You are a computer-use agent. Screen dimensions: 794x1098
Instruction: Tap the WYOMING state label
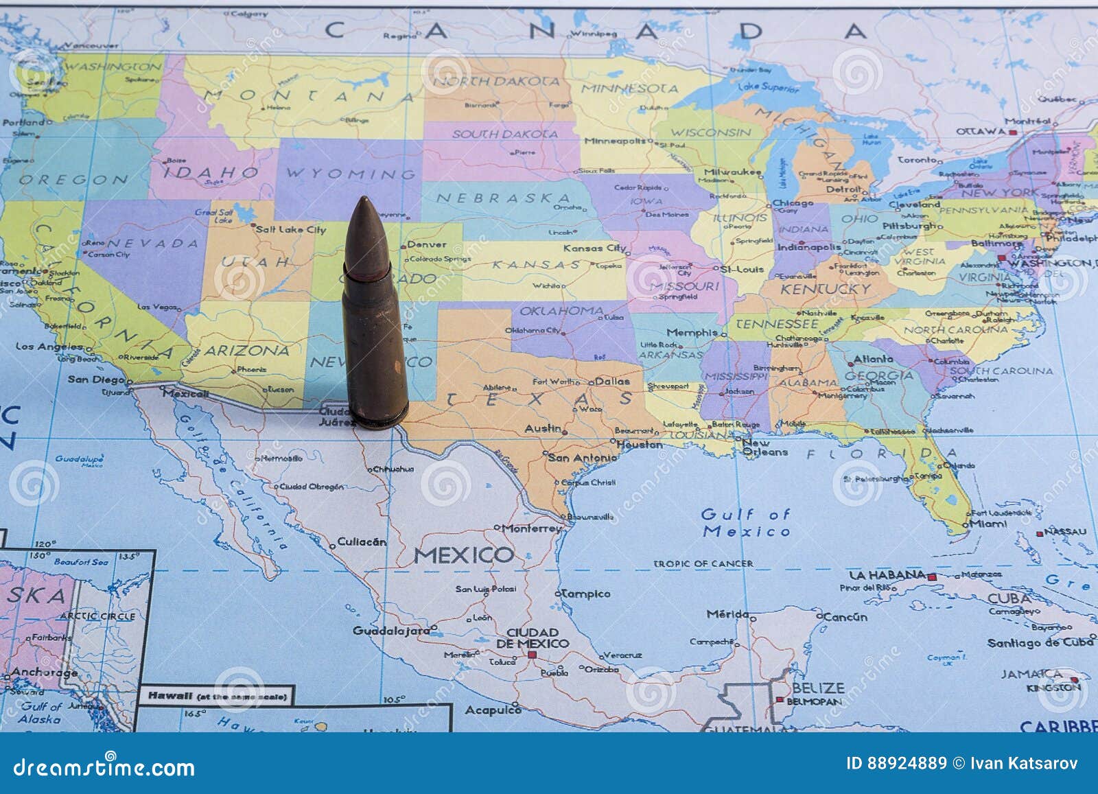click(x=351, y=174)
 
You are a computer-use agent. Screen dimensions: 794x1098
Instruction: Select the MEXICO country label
click(x=464, y=554)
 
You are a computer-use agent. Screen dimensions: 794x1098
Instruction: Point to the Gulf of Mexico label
click(x=746, y=522)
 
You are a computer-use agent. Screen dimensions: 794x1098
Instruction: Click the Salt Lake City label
click(x=291, y=230)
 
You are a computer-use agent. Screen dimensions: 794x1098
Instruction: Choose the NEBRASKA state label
click(x=504, y=198)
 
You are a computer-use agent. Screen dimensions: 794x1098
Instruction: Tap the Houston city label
click(x=640, y=445)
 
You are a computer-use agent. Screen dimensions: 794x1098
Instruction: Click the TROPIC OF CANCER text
click(x=703, y=563)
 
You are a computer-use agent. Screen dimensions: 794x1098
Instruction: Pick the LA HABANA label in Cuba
click(x=887, y=575)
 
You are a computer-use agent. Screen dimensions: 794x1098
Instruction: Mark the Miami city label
click(x=988, y=524)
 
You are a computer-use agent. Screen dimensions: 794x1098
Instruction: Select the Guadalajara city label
click(x=390, y=631)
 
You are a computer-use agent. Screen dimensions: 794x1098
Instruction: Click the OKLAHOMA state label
click(x=561, y=311)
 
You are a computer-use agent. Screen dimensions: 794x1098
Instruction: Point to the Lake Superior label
click(x=769, y=87)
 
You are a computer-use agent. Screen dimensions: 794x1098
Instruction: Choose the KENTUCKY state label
click(x=825, y=289)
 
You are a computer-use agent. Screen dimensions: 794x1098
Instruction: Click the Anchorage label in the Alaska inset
click(x=44, y=673)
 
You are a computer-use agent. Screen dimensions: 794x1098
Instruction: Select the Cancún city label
click(x=845, y=617)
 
